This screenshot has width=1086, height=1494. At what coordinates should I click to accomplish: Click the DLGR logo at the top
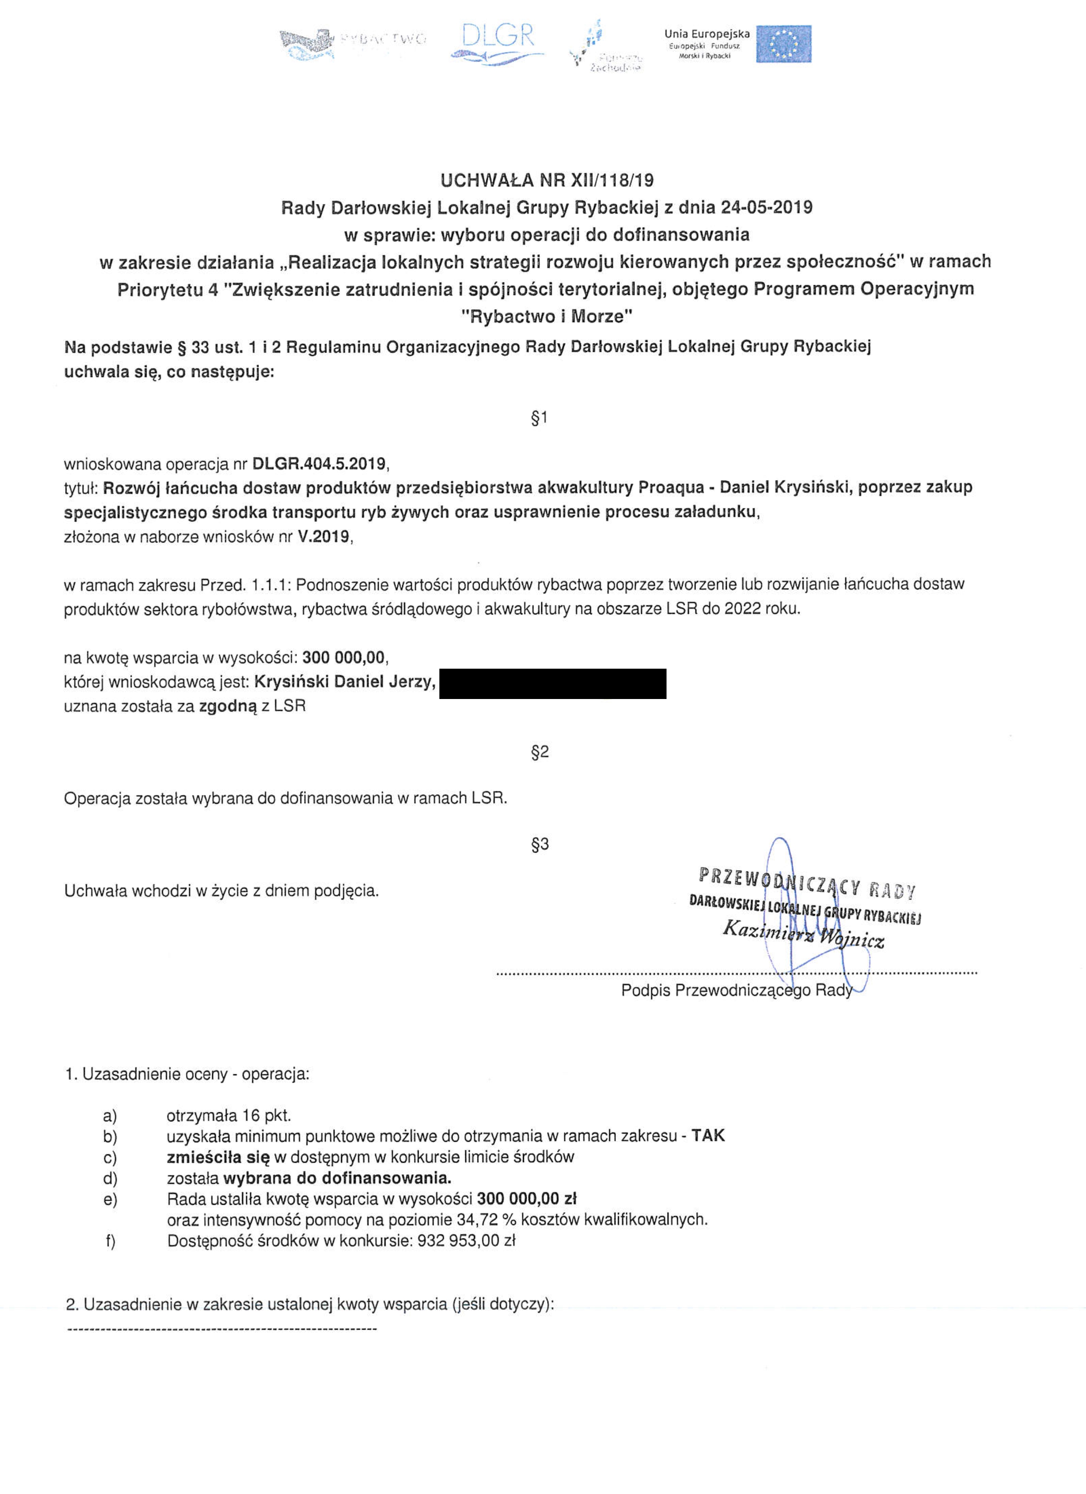pyautogui.click(x=498, y=43)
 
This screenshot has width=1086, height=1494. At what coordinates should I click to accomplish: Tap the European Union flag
pyautogui.click(x=783, y=44)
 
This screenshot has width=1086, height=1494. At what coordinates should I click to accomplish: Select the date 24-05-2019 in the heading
pyautogui.click(x=767, y=207)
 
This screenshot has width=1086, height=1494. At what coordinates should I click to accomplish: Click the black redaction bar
pyautogui.click(x=553, y=683)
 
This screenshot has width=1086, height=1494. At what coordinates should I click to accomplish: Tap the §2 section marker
pyautogui.click(x=539, y=752)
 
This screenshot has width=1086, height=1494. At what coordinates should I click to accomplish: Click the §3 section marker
pyautogui.click(x=539, y=844)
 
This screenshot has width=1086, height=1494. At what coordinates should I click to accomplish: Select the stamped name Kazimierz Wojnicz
pyautogui.click(x=803, y=935)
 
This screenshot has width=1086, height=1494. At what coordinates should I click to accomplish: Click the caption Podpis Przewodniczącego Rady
pyautogui.click(x=736, y=990)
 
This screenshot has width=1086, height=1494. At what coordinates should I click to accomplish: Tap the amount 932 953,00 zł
pyautogui.click(x=466, y=1240)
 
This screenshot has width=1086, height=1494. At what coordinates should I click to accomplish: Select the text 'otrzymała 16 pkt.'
pyautogui.click(x=229, y=1115)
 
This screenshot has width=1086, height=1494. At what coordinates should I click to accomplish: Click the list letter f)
pyautogui.click(x=110, y=1241)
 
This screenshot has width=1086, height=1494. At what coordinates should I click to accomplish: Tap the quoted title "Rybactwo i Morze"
pyautogui.click(x=546, y=317)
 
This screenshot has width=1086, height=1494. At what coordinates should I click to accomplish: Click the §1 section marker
pyautogui.click(x=539, y=417)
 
